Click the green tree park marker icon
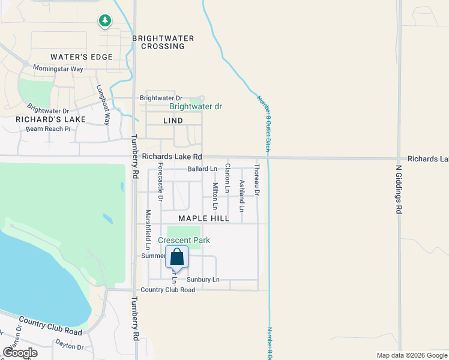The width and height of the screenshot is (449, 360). pos(105,21)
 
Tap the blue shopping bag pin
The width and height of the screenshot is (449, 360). pos(177,257)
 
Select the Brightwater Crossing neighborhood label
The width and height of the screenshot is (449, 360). pos(163,42)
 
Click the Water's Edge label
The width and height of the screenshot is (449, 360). pos(82,57)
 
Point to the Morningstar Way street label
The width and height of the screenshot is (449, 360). pos(58,69)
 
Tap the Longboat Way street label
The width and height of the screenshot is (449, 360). pos(103,104)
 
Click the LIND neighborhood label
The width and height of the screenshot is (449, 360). pos(173,121)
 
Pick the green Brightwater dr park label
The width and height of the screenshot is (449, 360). pos(196,106)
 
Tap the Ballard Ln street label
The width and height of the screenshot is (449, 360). pos(202,169)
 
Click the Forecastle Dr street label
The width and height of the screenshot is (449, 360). pos(160,182)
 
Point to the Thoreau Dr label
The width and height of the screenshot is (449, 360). pos(257,180)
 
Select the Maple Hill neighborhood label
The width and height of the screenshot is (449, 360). pos(203,218)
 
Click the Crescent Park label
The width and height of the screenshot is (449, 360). pos(184,240)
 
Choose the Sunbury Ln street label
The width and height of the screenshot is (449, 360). pos(203,280)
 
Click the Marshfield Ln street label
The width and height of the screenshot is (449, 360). pos(147,229)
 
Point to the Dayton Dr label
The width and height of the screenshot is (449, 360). pos(70,346)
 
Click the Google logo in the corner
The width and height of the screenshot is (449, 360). pos(20,353)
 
